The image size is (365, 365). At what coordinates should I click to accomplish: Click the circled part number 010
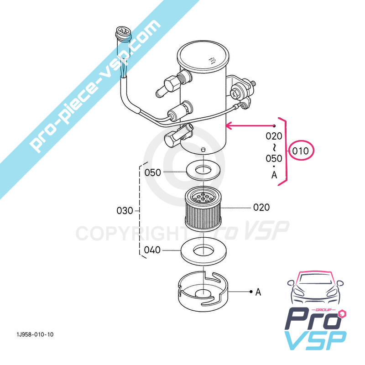[x=301, y=151]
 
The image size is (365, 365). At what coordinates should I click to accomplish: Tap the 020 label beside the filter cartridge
[x=261, y=207]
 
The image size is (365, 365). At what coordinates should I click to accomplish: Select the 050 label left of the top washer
[x=153, y=172]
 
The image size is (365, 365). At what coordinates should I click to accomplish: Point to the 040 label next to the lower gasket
[x=152, y=250]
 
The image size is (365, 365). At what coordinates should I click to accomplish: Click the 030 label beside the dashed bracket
[x=125, y=211]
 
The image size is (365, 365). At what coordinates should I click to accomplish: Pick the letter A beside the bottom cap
[x=258, y=292]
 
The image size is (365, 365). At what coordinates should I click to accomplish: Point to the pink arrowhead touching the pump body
[x=229, y=125]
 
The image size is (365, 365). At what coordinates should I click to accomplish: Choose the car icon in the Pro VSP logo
[x=315, y=290]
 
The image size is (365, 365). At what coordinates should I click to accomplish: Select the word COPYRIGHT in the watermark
[x=128, y=233]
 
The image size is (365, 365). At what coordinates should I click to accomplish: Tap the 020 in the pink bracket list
[x=274, y=136]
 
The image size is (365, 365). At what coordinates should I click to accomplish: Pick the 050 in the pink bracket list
[x=274, y=158]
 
